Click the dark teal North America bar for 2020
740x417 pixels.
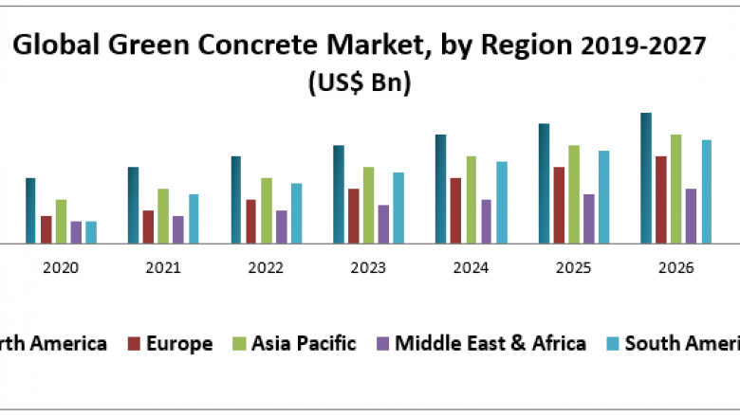tap(30, 210)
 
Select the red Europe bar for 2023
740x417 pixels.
tap(354, 216)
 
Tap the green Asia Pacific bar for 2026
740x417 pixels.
tap(676, 189)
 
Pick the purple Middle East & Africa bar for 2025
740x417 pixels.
tap(589, 219)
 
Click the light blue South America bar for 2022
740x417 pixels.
tap(296, 213)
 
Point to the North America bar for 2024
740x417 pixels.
tap(440, 189)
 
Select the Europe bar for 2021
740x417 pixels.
tap(148, 227)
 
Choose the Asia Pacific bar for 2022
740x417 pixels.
tap(267, 210)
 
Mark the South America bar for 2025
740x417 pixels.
tap(604, 197)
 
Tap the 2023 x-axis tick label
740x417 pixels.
tap(367, 268)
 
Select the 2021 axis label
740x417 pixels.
tap(162, 268)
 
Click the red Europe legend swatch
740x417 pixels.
tap(134, 343)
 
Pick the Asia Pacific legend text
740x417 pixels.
tap(304, 343)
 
